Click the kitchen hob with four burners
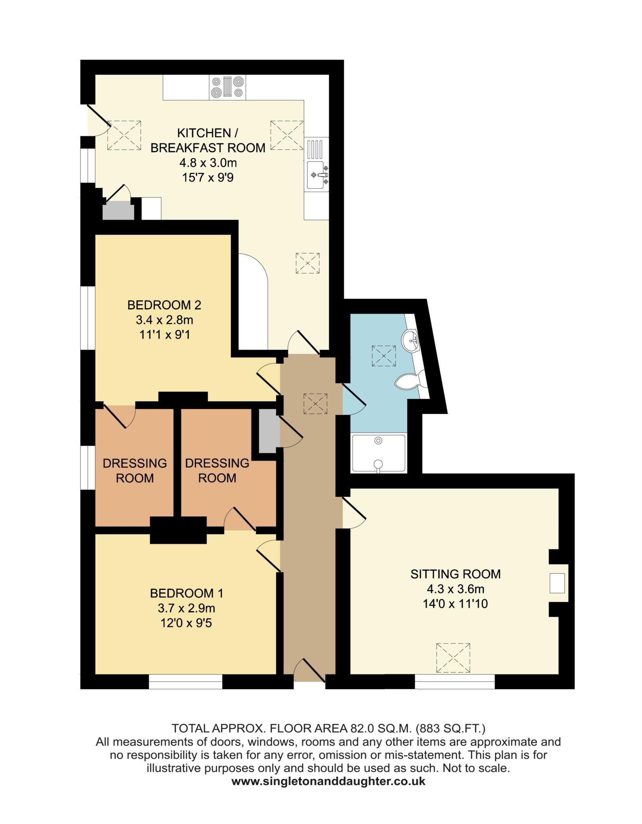tap(228, 87)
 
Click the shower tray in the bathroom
tap(379, 453)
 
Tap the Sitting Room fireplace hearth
tap(558, 583)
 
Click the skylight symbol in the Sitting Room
tap(453, 658)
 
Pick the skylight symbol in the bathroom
tap(384, 356)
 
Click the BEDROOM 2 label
tap(164, 305)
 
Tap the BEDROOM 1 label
tap(187, 593)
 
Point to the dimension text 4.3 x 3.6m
tap(456, 589)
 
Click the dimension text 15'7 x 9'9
tap(208, 177)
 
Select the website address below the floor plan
tap(328, 781)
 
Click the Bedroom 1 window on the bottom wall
tap(185, 682)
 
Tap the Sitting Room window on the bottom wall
tap(455, 682)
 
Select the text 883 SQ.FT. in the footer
tap(451, 728)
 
